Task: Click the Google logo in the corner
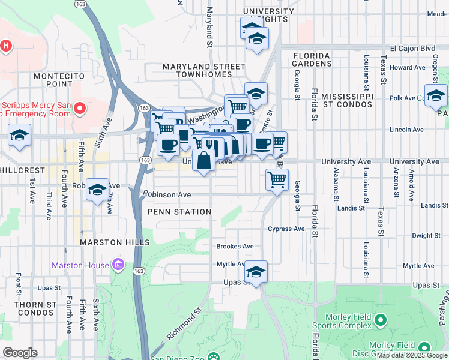(20, 353)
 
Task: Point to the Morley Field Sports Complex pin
(379, 321)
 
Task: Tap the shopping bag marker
(204, 161)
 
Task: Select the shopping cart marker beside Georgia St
(277, 179)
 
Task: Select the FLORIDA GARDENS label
(312, 59)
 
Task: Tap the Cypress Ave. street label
(288, 229)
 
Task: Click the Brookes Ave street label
(235, 247)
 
